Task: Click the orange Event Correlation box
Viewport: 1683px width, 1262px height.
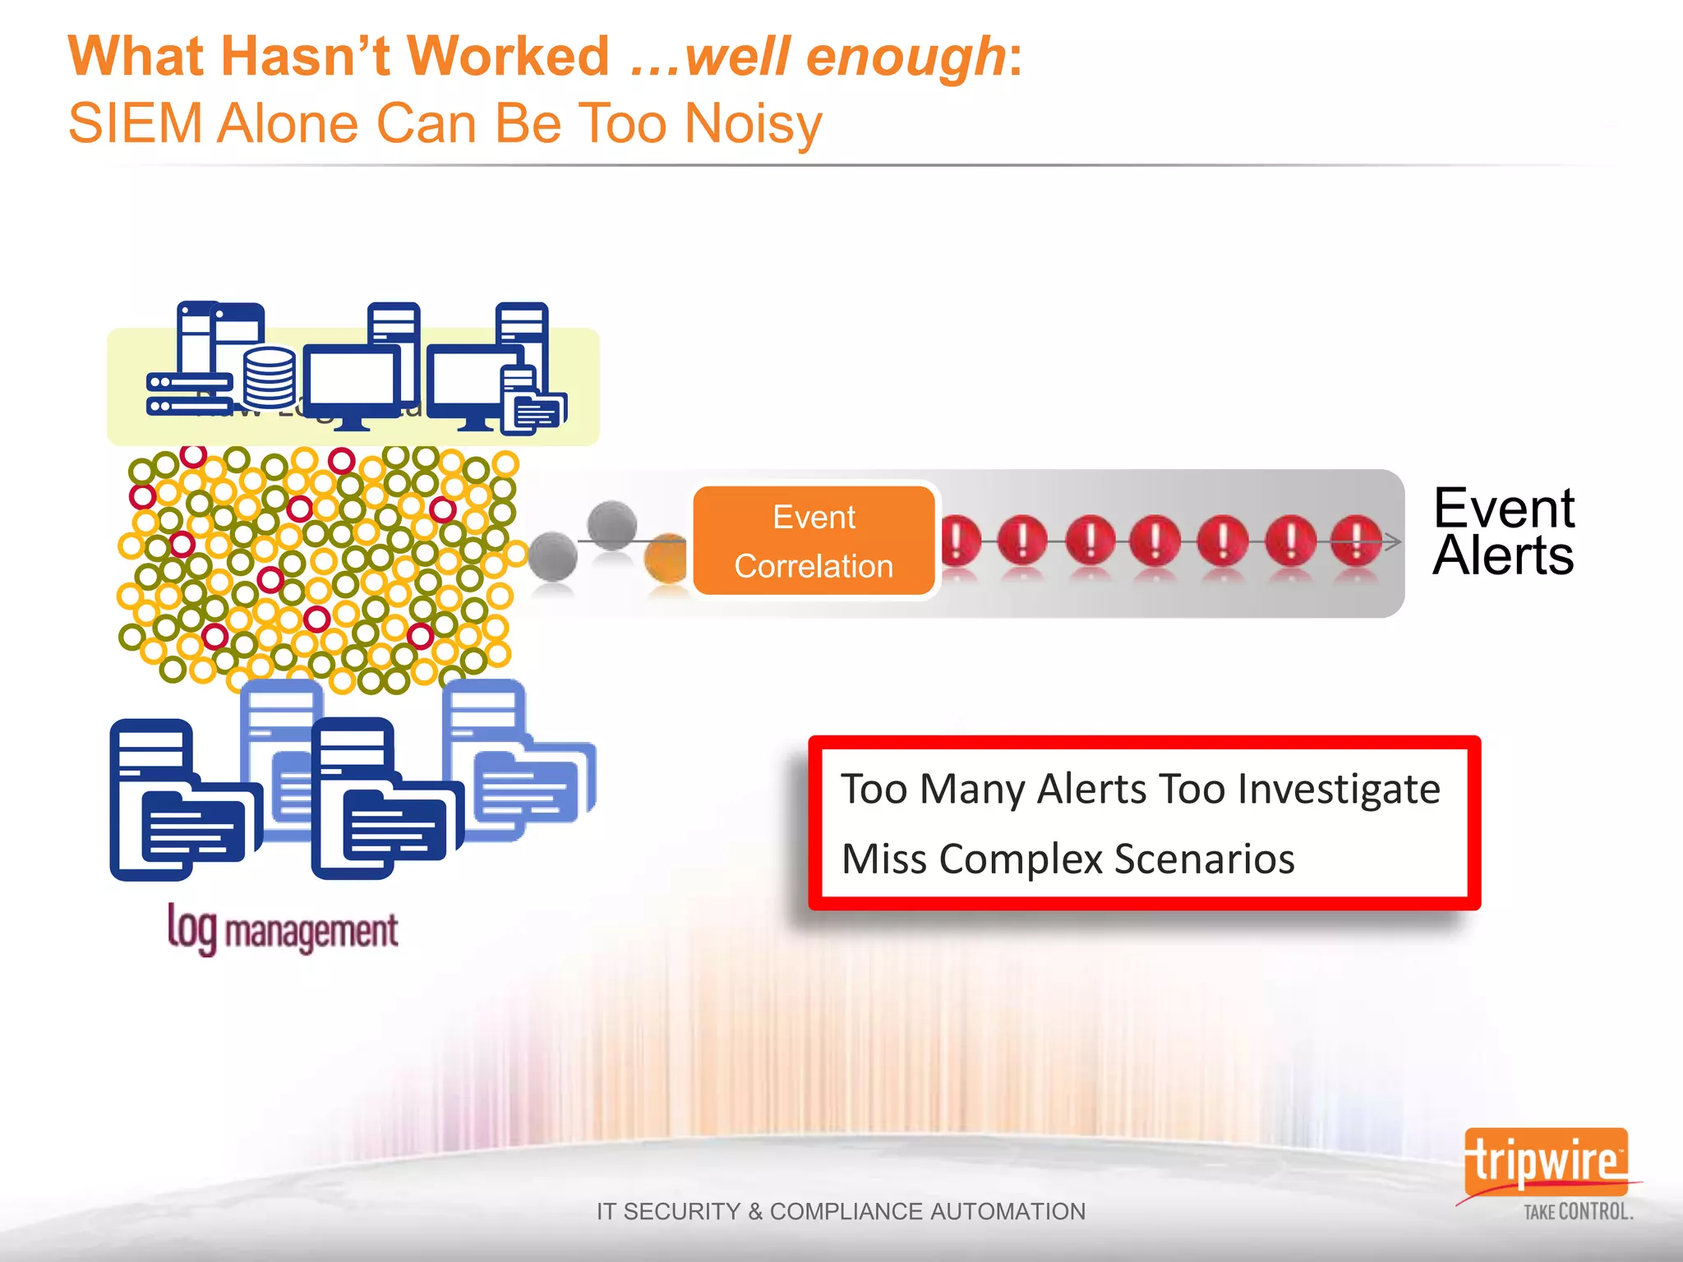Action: tap(814, 541)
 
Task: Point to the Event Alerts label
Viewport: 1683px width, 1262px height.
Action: tap(1503, 531)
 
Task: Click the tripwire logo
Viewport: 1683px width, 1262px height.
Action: tap(1545, 1161)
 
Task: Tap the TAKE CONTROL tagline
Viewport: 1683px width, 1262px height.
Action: tap(1578, 1212)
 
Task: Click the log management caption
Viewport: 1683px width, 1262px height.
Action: tap(283, 931)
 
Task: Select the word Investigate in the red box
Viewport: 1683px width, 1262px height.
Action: tap(1339, 790)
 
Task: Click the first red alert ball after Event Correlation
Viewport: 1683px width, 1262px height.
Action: tap(958, 541)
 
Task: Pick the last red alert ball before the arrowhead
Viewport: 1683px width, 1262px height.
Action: tap(1355, 541)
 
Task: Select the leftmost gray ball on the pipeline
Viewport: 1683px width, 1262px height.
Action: tap(552, 556)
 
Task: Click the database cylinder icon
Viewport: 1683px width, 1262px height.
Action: tap(270, 377)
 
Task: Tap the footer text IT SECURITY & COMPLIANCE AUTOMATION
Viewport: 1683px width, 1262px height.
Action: tap(841, 1211)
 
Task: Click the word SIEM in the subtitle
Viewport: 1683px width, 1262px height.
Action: tap(135, 124)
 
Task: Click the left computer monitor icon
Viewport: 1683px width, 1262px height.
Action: tap(352, 382)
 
